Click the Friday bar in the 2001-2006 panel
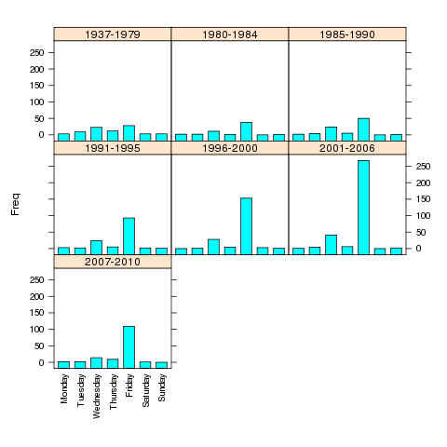coord(363,208)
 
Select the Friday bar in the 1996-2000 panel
coord(246,226)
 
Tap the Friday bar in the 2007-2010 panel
coord(129,347)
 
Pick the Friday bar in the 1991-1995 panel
coord(129,236)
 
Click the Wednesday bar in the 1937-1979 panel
coord(96,134)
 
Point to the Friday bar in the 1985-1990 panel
coord(363,129)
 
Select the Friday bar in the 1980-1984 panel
coord(246,131)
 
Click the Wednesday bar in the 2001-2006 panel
coord(331,245)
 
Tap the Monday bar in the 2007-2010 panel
coord(63,365)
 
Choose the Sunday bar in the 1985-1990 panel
coord(396,138)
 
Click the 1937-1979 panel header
coord(113,34)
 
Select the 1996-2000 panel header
coord(230,148)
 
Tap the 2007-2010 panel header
coord(113,262)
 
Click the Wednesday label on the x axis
coord(97,396)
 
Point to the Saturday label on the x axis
coord(145,390)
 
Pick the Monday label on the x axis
coord(64,388)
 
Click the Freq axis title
coord(15,204)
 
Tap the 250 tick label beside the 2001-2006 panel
coord(423,167)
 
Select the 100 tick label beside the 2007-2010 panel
coord(37,330)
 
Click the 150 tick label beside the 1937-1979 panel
coord(37,86)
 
